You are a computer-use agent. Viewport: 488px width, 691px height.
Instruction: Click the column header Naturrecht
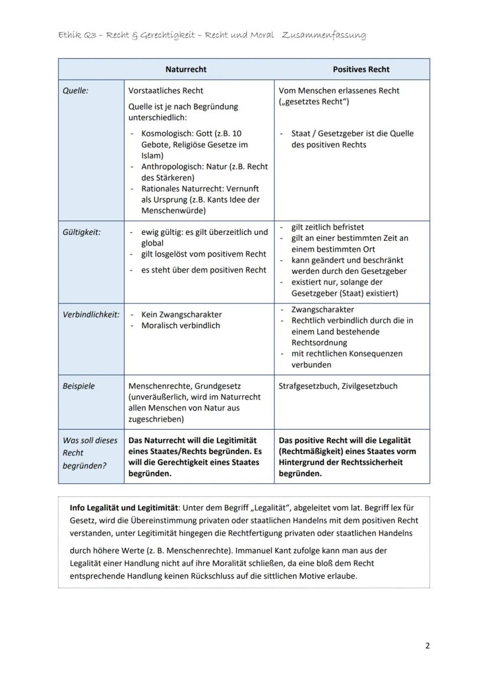186,69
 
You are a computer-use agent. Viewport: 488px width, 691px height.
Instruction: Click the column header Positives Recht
361,69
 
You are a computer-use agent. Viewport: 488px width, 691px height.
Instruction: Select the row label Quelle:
75,91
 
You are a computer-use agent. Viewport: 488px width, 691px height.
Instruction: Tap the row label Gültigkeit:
81,232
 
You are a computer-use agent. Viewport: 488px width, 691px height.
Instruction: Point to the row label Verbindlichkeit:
91,315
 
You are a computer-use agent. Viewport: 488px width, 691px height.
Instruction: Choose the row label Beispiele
78,386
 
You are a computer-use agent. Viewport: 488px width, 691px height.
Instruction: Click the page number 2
427,646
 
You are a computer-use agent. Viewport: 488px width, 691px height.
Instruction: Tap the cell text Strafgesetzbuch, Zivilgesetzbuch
338,386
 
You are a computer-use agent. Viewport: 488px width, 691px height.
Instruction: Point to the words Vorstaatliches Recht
166,91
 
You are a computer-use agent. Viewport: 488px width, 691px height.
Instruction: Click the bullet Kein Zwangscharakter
182,315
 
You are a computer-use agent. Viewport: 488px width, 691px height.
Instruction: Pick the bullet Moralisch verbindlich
180,326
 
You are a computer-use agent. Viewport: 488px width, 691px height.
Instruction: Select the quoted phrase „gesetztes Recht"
314,101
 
